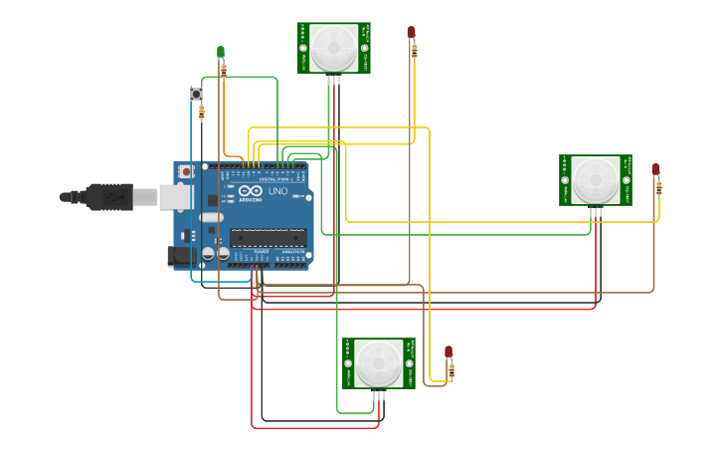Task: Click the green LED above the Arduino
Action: pos(221,52)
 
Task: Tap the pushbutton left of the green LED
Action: pos(196,94)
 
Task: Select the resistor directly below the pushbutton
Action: pos(202,113)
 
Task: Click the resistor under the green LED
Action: pos(223,70)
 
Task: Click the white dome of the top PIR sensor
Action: pos(333,45)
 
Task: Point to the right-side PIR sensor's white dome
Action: pos(595,178)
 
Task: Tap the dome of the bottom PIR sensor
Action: pos(379,361)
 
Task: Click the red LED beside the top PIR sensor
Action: pos(411,32)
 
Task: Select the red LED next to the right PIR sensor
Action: pos(655,169)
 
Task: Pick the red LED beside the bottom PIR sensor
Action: pos(449,351)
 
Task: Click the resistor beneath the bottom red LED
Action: pos(451,371)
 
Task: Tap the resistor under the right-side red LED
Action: pos(658,187)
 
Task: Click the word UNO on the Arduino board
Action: pos(277,191)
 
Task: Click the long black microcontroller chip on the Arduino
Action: pos(267,237)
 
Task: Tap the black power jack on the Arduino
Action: pos(180,255)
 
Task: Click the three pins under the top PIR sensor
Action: pos(334,79)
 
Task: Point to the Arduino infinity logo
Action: pos(249,191)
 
